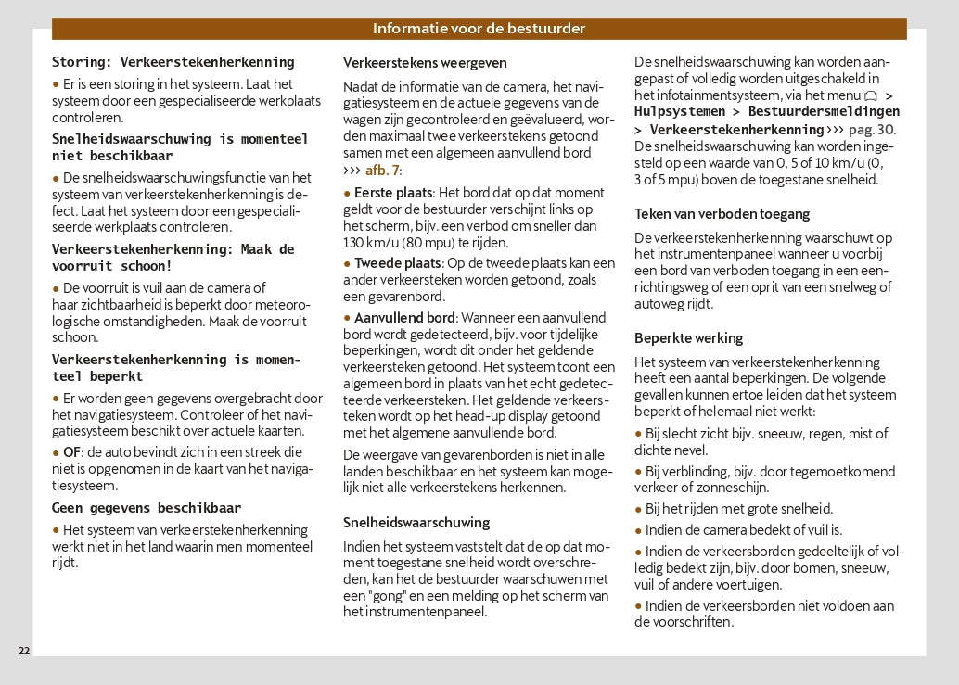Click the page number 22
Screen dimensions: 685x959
click(x=24, y=651)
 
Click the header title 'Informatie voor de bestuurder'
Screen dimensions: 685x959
click(x=479, y=29)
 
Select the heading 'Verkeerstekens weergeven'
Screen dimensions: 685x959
click(x=425, y=63)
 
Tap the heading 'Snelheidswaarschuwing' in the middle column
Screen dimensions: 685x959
click(x=416, y=522)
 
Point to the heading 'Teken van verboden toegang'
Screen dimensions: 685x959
click(x=722, y=213)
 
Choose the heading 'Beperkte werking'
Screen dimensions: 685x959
click(x=688, y=337)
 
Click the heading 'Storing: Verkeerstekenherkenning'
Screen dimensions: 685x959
click(x=173, y=62)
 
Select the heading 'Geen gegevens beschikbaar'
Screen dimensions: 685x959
click(x=147, y=507)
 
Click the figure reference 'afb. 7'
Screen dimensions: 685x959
click(x=383, y=170)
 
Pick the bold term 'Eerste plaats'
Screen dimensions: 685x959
click(x=393, y=193)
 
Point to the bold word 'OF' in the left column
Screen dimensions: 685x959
click(x=71, y=452)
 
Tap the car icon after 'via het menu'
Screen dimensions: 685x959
click(x=870, y=96)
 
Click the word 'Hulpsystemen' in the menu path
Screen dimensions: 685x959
click(x=680, y=111)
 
